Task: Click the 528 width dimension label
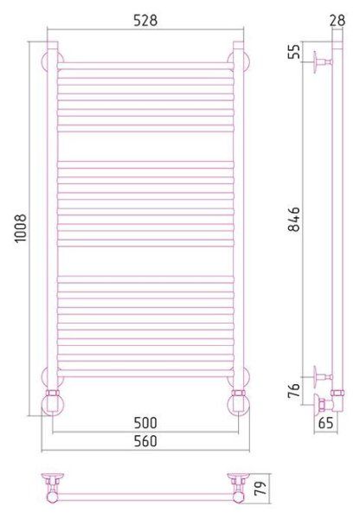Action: [145, 20]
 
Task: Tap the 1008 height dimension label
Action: [21, 228]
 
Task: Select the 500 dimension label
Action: [145, 423]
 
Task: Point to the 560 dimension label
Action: [145, 441]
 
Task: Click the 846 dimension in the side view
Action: [293, 219]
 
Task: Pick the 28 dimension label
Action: [337, 21]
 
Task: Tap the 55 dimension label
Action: [293, 51]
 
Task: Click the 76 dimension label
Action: [293, 390]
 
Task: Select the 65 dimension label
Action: [325, 423]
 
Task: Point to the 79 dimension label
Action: [260, 488]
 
